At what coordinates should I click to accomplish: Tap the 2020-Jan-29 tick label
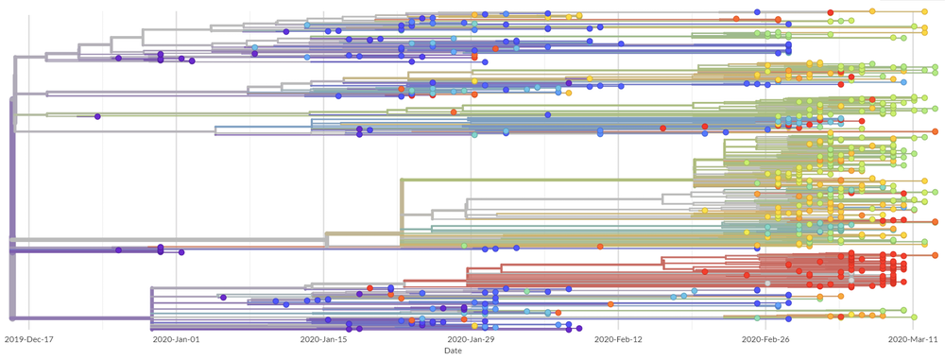(471, 338)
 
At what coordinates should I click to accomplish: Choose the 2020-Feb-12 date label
(618, 338)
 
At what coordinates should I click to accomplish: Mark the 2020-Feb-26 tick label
(765, 338)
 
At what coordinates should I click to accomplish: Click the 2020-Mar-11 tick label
(912, 338)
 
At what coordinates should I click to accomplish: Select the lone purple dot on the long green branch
(97, 117)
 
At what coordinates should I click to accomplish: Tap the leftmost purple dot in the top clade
(118, 59)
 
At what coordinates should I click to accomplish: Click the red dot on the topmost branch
(831, 11)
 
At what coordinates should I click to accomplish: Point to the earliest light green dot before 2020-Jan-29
(464, 246)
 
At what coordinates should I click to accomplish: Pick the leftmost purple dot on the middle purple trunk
(118, 250)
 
